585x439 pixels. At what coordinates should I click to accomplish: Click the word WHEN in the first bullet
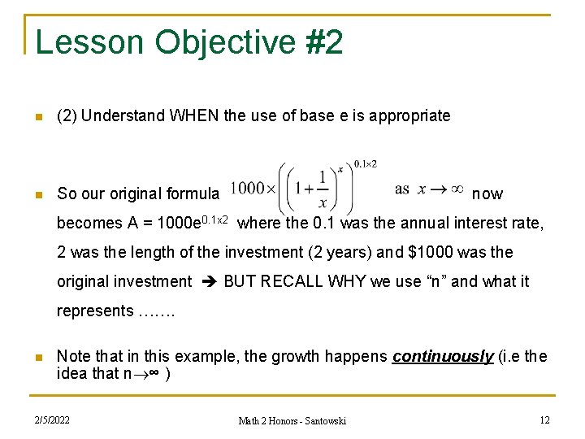pos(194,115)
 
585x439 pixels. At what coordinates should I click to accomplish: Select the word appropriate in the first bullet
pos(409,115)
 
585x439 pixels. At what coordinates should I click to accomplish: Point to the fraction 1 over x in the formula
pos(323,190)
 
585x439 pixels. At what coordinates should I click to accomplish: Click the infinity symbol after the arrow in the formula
pos(456,189)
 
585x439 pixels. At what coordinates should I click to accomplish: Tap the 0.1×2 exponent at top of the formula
pos(366,163)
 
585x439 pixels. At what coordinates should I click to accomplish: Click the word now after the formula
pos(487,193)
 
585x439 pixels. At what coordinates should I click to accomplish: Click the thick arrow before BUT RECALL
pos(207,281)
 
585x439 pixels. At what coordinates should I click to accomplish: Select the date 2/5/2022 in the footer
pos(51,419)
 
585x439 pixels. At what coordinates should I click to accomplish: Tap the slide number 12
pos(544,419)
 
